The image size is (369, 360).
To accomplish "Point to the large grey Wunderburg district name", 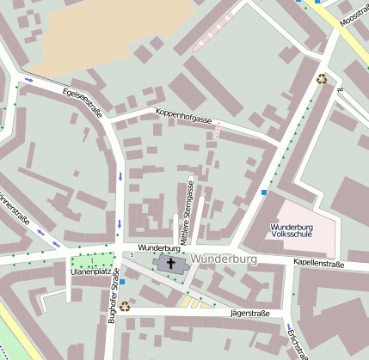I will (x=225, y=259).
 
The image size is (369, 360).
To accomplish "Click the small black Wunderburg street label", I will (x=157, y=247).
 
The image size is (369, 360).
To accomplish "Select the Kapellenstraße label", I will (x=318, y=264).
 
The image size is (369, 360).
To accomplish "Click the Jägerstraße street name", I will (x=250, y=314).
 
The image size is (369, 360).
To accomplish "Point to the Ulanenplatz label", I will (x=89, y=273).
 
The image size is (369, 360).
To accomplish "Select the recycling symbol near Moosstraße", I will (x=322, y=79).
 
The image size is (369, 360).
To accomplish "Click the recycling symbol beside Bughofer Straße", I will (x=125, y=305).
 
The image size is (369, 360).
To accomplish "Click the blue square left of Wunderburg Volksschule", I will (x=263, y=192).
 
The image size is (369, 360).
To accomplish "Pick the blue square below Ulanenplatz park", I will (x=122, y=281).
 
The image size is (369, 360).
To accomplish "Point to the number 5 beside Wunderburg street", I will (x=132, y=254).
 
